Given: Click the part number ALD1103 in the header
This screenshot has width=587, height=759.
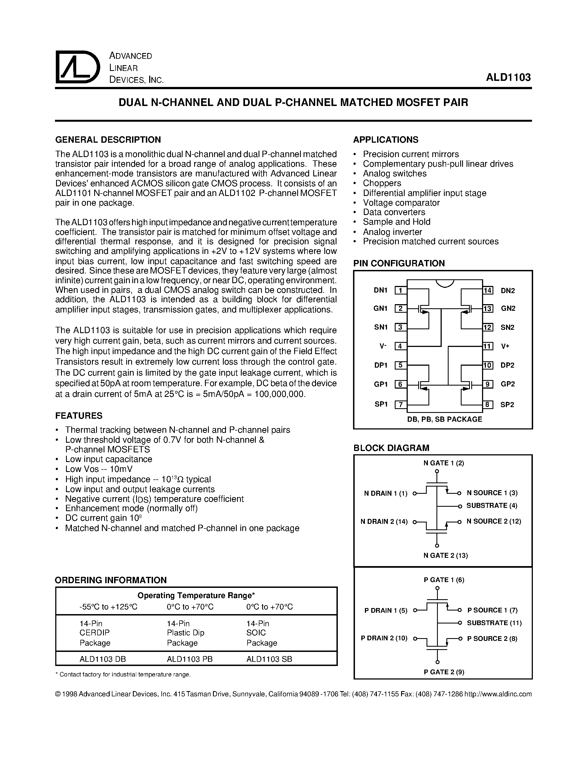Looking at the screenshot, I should (508, 77).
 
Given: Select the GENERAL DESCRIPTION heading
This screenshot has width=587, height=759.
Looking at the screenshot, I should (108, 140).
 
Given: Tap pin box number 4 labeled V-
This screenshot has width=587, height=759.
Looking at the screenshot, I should (401, 346).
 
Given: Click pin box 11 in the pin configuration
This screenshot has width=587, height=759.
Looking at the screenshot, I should (488, 346).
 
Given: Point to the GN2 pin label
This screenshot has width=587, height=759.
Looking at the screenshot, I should (508, 308).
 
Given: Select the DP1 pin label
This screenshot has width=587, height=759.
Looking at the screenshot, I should (380, 365).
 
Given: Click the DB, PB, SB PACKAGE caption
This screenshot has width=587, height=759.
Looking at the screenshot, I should (444, 419).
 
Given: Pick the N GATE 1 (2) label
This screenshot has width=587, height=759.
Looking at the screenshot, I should (444, 463).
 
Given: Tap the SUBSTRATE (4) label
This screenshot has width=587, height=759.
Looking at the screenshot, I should (492, 506).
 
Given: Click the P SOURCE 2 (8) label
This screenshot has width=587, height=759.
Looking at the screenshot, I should (492, 638).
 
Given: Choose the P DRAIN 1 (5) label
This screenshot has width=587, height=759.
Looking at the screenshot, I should (386, 611).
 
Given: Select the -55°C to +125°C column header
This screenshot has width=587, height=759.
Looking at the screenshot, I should (108, 607).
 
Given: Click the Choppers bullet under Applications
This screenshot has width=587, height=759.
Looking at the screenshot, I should (382, 183).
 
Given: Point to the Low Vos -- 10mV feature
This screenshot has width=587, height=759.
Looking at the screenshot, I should (99, 469).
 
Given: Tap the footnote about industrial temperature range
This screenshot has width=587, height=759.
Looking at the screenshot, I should (123, 675).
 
